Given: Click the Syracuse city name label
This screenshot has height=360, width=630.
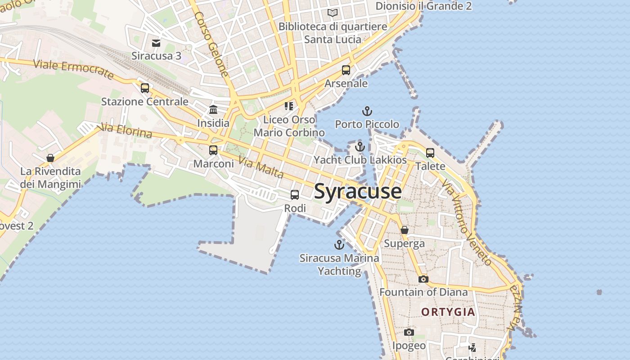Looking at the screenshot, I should [358, 191].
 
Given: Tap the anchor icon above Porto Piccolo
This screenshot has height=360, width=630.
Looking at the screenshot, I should [367, 111].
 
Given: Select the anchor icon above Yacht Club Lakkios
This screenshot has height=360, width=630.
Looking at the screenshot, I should [360, 147].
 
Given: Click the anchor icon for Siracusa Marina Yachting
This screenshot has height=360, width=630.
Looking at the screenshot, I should [339, 245].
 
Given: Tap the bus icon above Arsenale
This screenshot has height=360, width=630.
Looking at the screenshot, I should [346, 70].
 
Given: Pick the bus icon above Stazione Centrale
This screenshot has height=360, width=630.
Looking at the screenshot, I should [144, 88].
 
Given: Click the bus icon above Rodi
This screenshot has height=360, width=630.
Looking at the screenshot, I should [295, 195].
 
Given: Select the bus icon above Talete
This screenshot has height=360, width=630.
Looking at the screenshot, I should [430, 153].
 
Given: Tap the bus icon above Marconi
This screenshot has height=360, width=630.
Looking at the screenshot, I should [213, 150].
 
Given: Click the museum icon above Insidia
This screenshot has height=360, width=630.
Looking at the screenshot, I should [213, 110].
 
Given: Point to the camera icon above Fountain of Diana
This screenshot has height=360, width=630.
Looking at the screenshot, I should [423, 279].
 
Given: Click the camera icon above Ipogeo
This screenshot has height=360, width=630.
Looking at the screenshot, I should [409, 332].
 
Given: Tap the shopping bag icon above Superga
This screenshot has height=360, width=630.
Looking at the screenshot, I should [405, 230].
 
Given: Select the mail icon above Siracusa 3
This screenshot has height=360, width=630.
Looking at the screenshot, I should [156, 43].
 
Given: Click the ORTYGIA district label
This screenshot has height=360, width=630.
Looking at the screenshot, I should [448, 312].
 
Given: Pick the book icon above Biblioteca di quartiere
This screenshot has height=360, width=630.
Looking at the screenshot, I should [333, 13].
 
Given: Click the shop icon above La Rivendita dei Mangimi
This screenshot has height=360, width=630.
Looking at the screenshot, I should [50, 158].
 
